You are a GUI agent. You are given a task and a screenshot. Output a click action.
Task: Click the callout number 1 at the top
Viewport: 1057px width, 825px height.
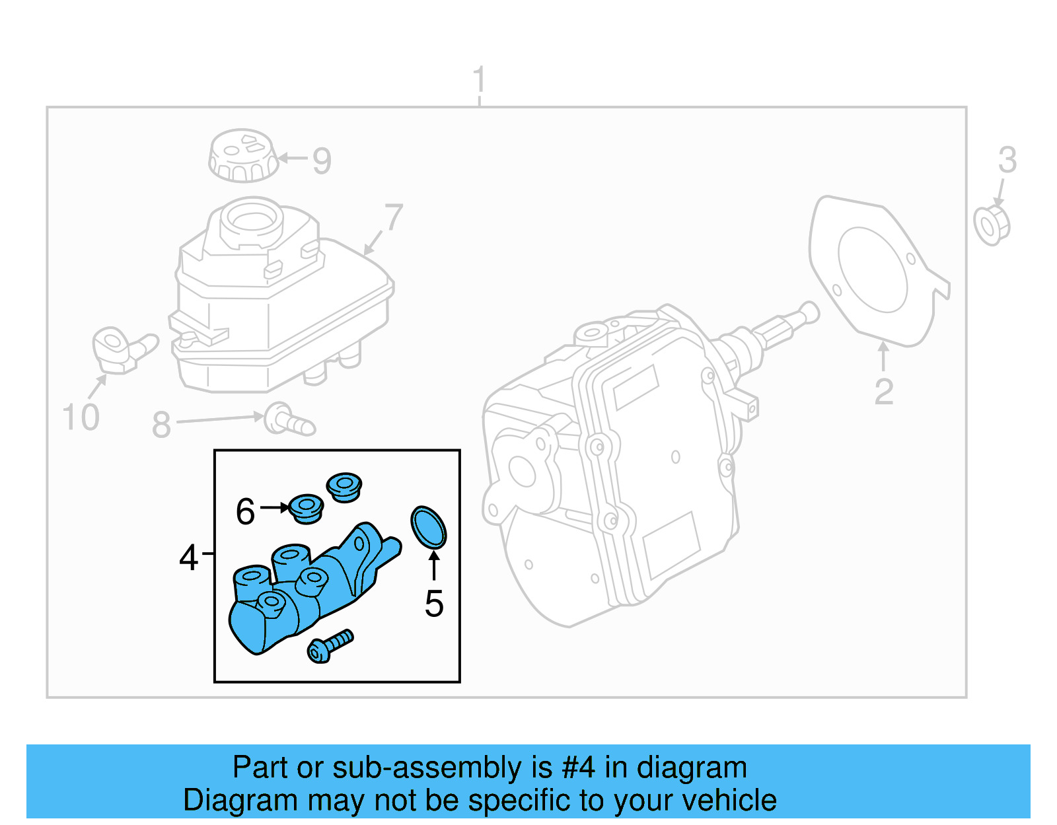480,80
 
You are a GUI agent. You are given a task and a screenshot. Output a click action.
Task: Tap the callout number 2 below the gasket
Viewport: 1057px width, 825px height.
883,392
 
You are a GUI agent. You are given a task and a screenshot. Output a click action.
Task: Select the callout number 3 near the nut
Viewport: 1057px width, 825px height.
1007,160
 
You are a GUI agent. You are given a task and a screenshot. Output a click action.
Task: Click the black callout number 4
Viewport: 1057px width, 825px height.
188,557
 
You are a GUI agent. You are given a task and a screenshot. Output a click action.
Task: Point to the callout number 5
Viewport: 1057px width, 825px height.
434,603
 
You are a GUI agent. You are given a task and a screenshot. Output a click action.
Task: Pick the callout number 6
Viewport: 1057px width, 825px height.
245,511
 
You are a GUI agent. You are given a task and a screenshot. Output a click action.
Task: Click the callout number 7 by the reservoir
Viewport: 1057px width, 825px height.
394,217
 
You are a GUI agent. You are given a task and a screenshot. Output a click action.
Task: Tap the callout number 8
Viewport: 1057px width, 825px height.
161,424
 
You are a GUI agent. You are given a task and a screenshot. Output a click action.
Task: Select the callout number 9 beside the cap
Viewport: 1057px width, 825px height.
322,161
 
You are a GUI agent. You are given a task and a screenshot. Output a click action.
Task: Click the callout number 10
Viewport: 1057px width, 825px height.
81,417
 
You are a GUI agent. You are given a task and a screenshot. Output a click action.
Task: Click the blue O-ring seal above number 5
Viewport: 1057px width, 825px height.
428,527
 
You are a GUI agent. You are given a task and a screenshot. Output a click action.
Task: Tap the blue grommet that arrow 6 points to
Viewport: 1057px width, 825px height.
306,509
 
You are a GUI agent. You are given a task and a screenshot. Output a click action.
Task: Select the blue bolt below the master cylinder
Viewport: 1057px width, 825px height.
330,646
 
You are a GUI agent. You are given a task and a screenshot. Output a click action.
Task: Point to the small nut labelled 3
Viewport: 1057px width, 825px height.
992,225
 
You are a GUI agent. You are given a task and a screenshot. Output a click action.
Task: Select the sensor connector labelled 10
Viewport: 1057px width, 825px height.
120,349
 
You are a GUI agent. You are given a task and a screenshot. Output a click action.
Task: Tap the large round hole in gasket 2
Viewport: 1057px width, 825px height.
872,269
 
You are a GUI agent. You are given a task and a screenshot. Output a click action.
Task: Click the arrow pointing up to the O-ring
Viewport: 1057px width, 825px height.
434,565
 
